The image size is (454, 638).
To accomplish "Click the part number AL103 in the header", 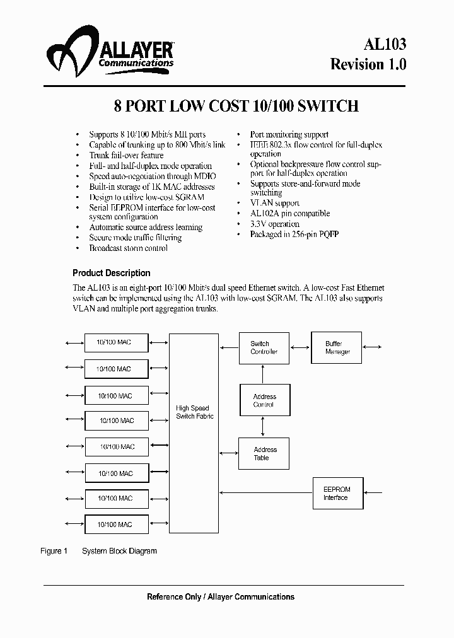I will point(385,43).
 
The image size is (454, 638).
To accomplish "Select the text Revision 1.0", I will point(369,64).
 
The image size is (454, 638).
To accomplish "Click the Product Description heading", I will point(112,273).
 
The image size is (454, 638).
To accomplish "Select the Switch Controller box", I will point(264,348).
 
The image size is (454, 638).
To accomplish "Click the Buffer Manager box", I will point(337,347).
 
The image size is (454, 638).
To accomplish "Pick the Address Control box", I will point(264,400).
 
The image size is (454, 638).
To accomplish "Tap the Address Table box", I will point(264,453).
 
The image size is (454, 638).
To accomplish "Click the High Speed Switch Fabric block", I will point(194,433).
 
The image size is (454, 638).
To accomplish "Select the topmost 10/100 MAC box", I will point(116,342).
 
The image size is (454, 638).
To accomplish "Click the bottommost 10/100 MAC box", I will point(116,524).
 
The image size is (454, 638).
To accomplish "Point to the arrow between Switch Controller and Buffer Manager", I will point(300,347).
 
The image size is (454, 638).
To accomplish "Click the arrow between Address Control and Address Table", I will point(264,427).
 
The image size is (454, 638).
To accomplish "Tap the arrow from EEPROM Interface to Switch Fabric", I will point(265,493).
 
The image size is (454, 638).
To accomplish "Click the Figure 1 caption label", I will point(54,551).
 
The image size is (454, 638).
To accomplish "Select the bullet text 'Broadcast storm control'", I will point(128,248).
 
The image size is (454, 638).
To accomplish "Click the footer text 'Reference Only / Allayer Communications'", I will point(221,596).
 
